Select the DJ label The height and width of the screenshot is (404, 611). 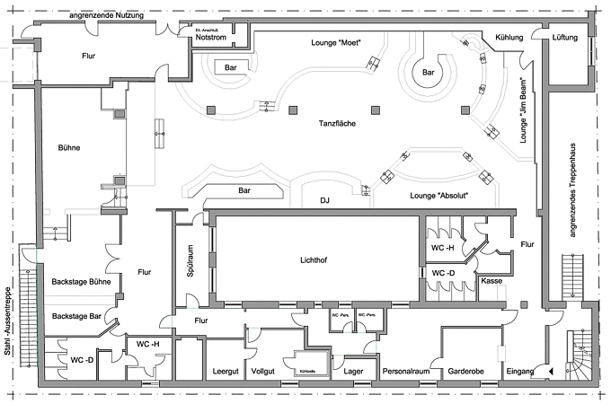click(326, 202)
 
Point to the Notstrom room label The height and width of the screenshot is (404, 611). click(212, 37)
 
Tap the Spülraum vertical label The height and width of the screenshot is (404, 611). click(190, 261)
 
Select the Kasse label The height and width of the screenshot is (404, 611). click(491, 281)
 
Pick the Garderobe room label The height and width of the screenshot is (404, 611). click(466, 370)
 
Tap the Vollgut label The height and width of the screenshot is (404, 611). click(263, 370)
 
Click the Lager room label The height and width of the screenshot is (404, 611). click(353, 370)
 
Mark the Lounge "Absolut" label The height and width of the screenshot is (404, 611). click(438, 195)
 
